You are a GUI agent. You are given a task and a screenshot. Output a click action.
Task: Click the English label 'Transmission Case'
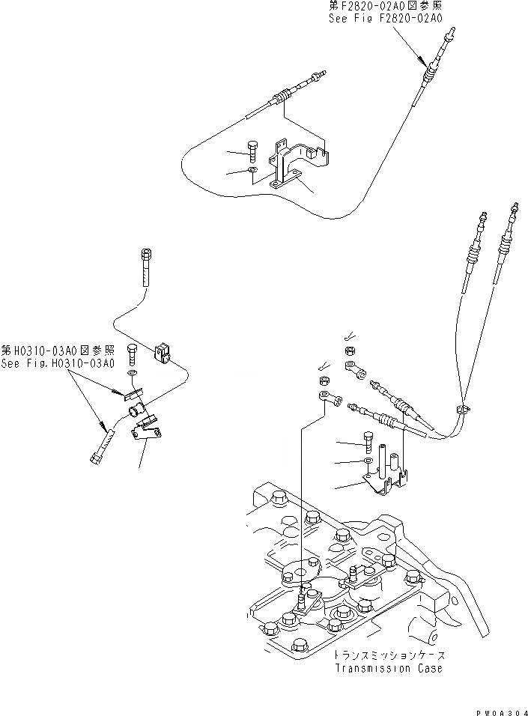[388, 667]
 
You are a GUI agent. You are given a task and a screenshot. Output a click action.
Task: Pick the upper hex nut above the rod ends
[349, 351]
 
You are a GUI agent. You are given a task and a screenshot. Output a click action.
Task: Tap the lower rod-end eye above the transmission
[325, 395]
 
